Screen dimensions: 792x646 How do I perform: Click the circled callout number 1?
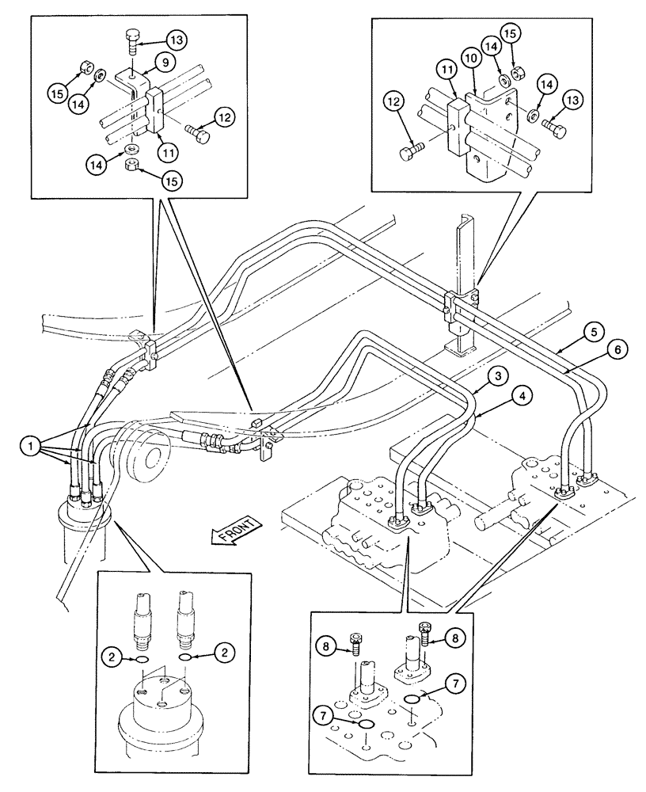[x=30, y=446]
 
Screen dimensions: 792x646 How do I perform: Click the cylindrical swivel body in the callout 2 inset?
[x=159, y=713]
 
